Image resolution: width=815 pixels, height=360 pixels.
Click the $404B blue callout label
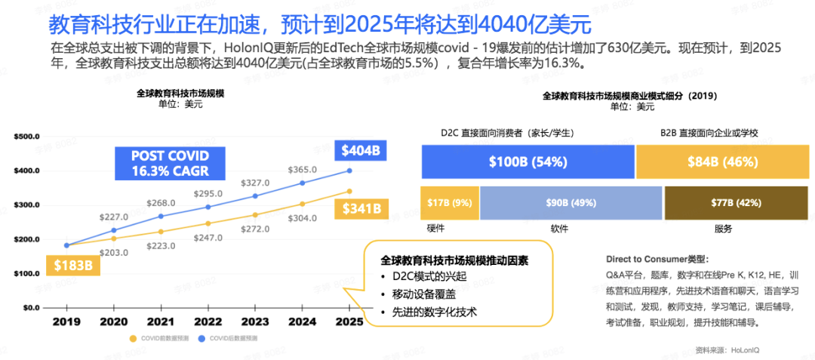click(x=360, y=151)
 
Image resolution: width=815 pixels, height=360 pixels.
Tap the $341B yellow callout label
click(x=360, y=208)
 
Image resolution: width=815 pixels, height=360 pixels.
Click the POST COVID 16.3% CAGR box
click(x=170, y=163)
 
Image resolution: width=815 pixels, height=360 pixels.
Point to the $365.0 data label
click(x=303, y=170)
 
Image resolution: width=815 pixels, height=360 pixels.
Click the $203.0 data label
click(x=114, y=253)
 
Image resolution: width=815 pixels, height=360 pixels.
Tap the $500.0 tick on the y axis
click(x=26, y=137)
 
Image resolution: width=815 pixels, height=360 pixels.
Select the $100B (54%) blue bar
click(x=527, y=162)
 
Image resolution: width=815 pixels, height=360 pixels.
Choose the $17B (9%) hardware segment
click(x=449, y=202)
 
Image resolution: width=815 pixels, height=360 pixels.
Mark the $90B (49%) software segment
click(x=570, y=202)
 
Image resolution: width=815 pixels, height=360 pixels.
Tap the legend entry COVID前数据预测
click(x=161, y=339)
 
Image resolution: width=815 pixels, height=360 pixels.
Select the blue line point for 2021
click(x=161, y=216)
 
